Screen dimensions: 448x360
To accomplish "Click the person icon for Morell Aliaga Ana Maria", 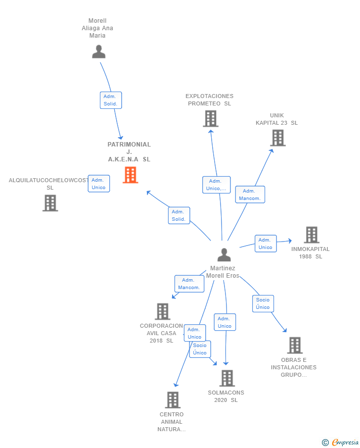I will (x=99, y=51).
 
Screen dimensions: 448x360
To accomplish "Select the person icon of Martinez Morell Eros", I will (x=224, y=255).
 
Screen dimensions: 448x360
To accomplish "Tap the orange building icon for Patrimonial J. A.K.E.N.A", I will (x=130, y=175).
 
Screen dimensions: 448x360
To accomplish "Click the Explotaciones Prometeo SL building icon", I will (x=211, y=119).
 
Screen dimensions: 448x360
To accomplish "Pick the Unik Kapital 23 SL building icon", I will (x=278, y=138).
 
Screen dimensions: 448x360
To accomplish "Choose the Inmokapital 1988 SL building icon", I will (x=311, y=235).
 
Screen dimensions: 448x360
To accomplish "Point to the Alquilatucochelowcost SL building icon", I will (x=50, y=203).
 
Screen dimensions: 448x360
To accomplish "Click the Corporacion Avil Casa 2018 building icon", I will (x=162, y=311).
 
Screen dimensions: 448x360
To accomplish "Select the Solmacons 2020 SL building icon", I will (x=226, y=378).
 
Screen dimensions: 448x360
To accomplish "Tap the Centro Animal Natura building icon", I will (x=172, y=399).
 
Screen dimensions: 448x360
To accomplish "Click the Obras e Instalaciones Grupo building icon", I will (x=294, y=345).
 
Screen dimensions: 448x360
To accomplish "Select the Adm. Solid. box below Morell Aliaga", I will (x=110, y=100).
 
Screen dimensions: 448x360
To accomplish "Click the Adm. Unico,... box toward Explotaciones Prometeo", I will (x=216, y=185).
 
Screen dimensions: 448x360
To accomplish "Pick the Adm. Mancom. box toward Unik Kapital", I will (x=250, y=195).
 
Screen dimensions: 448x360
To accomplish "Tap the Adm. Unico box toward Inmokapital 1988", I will (x=266, y=244).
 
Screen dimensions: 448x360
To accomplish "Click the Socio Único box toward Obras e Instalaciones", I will (x=263, y=303).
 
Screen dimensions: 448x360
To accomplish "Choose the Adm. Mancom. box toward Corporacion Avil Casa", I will (x=189, y=284).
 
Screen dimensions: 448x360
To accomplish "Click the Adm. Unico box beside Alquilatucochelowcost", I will (x=98, y=184).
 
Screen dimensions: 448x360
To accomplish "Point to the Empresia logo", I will (x=341, y=442).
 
